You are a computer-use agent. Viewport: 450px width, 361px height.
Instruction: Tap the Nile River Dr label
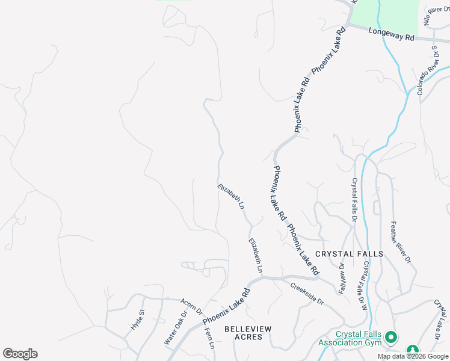pos(436,13)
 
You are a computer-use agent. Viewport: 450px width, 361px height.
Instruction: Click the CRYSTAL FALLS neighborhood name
pos(349,254)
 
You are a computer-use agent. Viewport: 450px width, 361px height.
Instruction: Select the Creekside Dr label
pos(307,294)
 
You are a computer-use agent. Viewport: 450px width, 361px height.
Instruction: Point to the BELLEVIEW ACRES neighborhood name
pos(248,333)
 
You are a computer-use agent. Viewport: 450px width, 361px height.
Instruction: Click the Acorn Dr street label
pos(191,306)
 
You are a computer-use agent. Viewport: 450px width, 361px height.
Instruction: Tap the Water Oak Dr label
pos(176,327)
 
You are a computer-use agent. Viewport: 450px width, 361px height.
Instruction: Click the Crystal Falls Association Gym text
pos(351,339)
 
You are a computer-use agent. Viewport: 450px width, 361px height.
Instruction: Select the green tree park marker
pos(413,350)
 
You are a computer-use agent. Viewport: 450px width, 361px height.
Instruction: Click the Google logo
pos(20,354)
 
